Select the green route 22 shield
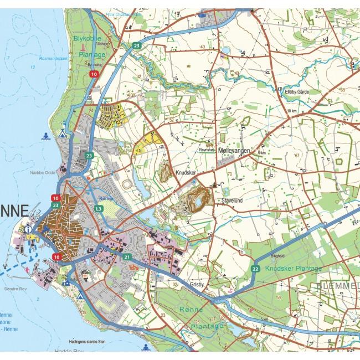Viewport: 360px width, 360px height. [x=255, y=269]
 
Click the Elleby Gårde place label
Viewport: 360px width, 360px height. [x=298, y=91]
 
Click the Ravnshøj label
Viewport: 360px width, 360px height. [x=206, y=150]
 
